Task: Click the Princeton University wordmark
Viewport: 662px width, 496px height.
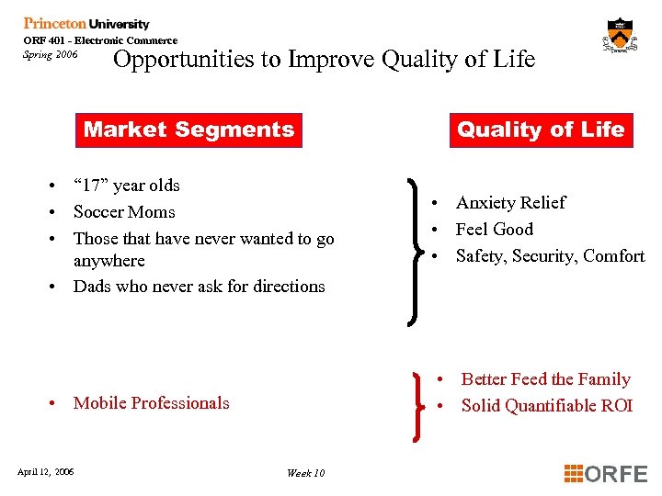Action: [86, 24]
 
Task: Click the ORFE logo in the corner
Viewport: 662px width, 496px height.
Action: [606, 473]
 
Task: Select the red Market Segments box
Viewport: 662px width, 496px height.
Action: [188, 130]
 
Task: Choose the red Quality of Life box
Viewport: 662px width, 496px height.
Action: [541, 130]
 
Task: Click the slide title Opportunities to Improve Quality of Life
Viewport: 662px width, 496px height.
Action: [323, 60]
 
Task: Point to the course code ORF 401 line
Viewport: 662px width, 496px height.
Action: [100, 40]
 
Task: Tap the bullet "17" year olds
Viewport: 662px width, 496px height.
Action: [126, 185]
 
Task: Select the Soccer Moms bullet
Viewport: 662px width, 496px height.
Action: [124, 211]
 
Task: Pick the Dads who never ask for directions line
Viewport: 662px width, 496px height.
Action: [199, 286]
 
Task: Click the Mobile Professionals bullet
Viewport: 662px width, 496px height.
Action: [151, 402]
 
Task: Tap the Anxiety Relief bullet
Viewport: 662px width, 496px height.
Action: [510, 202]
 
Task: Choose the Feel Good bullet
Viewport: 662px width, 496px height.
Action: [494, 229]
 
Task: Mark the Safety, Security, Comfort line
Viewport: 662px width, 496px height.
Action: [550, 255]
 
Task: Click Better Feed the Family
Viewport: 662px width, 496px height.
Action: [545, 378]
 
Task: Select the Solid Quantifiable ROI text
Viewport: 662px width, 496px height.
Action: [546, 405]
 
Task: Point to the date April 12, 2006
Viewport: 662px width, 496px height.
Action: [46, 472]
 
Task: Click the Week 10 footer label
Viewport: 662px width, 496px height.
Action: [305, 473]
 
